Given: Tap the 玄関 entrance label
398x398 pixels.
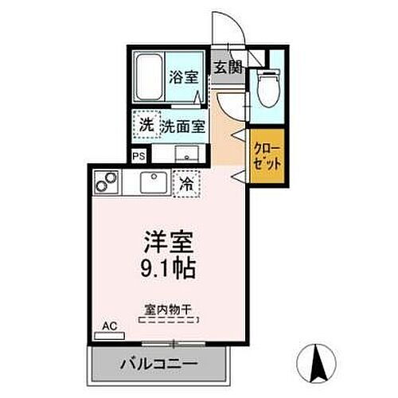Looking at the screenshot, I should click(x=227, y=67).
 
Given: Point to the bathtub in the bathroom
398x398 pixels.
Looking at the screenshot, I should click(x=149, y=77).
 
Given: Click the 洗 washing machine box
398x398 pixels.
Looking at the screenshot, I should click(x=146, y=125).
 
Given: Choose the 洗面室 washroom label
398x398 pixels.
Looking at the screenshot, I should click(x=185, y=125).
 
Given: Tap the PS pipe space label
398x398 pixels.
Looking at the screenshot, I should click(x=139, y=156).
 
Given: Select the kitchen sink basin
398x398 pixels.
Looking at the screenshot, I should click(x=154, y=182).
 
